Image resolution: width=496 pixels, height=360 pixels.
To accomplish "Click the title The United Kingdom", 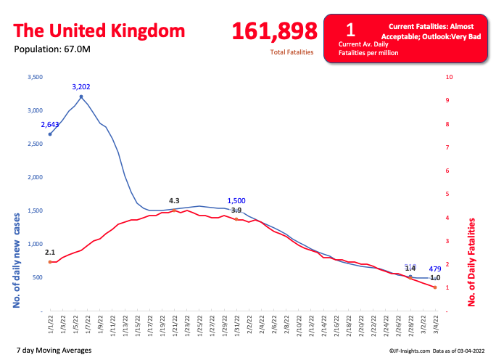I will tap(99, 31).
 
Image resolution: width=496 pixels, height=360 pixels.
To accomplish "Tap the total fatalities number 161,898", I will tap(274, 31).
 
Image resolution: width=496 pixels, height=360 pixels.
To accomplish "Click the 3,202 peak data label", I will tap(81, 87).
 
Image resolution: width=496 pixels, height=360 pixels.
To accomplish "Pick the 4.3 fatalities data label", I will tap(174, 200).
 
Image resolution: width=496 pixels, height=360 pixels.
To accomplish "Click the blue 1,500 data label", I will tap(237, 201).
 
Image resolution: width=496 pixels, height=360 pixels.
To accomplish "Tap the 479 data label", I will tap(436, 269).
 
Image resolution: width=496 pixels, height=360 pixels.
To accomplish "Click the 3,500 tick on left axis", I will tap(34, 77).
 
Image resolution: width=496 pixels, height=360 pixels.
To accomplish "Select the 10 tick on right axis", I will tap(450, 77).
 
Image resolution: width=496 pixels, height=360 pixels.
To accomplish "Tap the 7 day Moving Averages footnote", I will tap(54, 351).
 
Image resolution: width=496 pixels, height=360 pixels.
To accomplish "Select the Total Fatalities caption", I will tap(292, 52).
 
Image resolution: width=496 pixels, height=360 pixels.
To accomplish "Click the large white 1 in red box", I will tap(350, 29).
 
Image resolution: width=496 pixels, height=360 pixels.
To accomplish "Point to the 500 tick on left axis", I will tap(37, 277).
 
